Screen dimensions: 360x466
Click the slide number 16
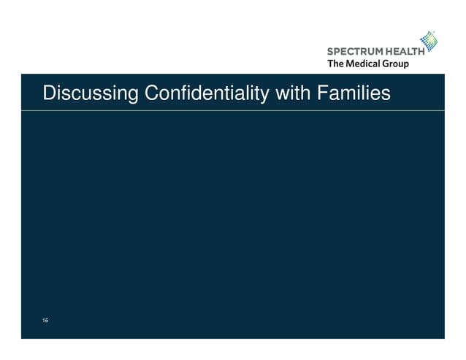[45, 321]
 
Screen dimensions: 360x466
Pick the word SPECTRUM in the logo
[352, 52]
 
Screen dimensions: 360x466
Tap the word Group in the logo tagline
[394, 64]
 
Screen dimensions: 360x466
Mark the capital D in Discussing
[49, 94]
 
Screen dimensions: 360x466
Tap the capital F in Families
[318, 94]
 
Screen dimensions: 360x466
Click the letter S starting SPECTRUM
[329, 52]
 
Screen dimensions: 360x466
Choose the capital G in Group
[383, 64]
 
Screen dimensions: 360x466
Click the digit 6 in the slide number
[47, 321]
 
